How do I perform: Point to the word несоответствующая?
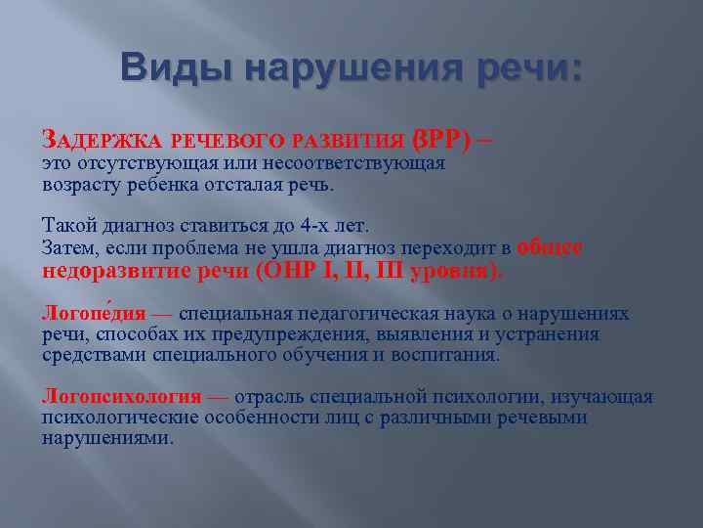[x=361, y=163]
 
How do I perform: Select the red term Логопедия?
[x=93, y=314]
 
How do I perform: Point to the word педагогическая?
[x=362, y=314]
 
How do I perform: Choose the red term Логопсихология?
[x=122, y=397]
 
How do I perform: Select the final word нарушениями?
[x=106, y=438]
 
